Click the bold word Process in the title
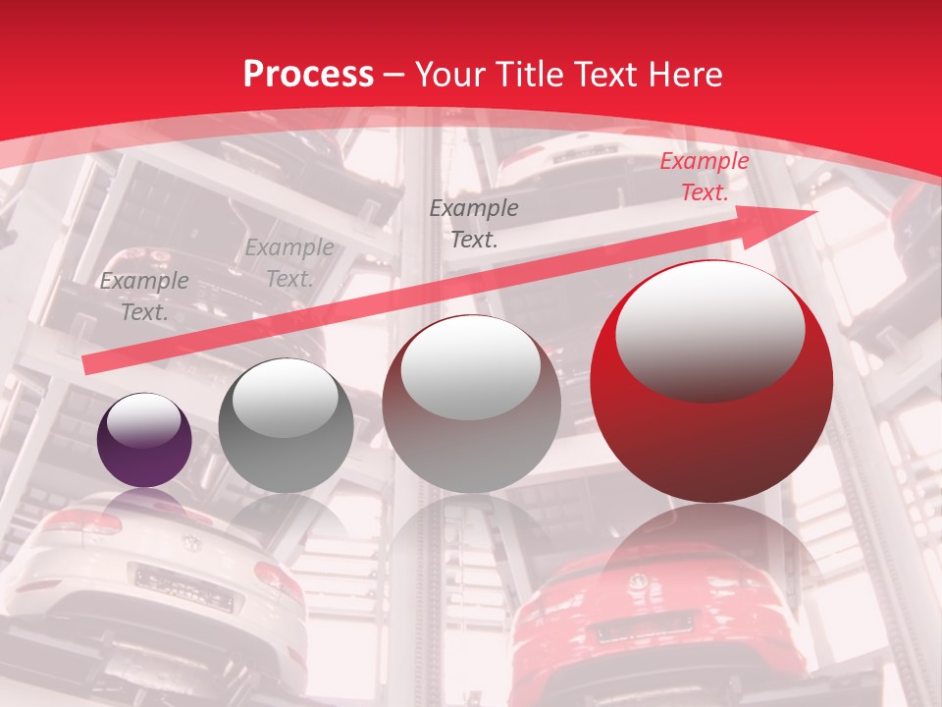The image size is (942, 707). pyautogui.click(x=308, y=75)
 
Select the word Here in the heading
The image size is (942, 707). pyautogui.click(x=685, y=75)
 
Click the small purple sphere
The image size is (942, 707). pyautogui.click(x=144, y=439)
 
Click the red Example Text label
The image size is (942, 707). pyautogui.click(x=704, y=177)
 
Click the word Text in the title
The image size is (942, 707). pyautogui.click(x=600, y=75)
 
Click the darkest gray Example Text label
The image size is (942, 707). pyautogui.click(x=474, y=224)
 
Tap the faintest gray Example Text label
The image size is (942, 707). pyautogui.click(x=289, y=263)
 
